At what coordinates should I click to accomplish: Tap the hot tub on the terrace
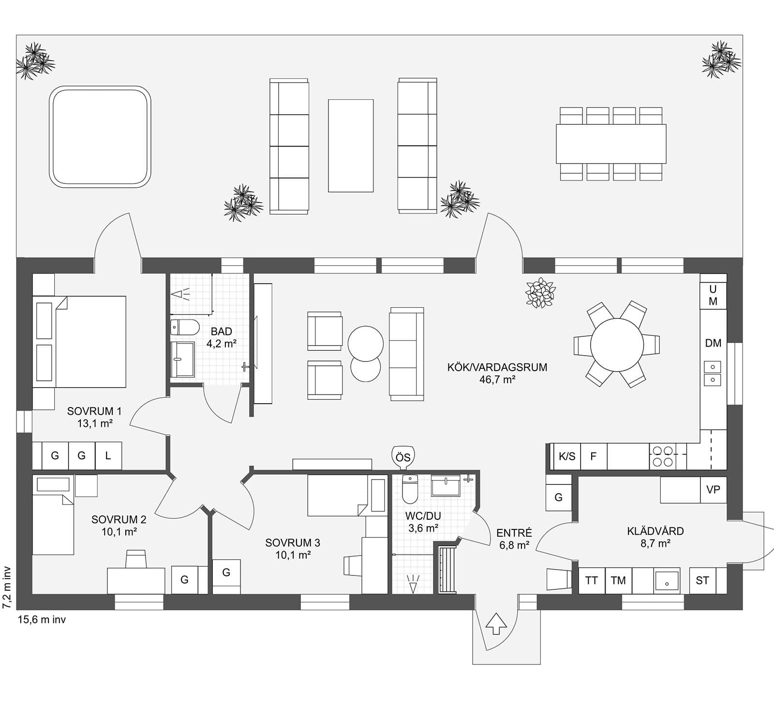pos(100,136)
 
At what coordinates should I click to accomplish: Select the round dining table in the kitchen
pos(617,344)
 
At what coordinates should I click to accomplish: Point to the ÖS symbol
pos(403,457)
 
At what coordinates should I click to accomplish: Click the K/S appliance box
pos(567,456)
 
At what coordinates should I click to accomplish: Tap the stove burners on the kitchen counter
pos(663,456)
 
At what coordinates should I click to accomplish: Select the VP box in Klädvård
pos(713,490)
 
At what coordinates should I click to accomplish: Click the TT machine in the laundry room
pos(592,580)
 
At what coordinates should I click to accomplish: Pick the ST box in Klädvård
pos(702,580)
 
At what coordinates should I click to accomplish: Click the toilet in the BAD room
pos(185,327)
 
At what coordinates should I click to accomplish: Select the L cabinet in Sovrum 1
pos(108,455)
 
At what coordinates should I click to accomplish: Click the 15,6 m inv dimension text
pos(42,619)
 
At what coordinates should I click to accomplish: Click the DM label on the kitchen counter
pos(713,343)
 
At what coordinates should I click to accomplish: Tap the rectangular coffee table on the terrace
pos(351,146)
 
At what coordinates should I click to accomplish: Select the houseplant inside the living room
pos(541,293)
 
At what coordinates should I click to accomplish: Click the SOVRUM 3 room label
pos(293,549)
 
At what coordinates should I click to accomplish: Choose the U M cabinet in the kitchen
pos(713,295)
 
